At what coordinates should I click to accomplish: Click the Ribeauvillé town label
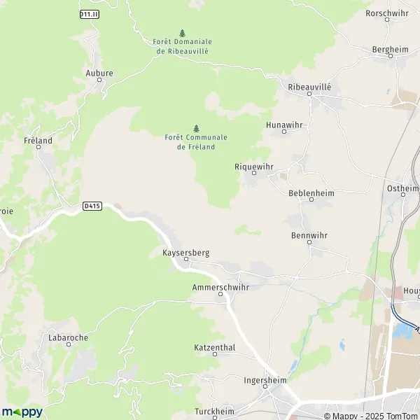309,86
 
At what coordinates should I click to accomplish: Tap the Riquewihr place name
253,167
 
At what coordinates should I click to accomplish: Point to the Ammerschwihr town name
220,287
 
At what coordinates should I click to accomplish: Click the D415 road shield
92,206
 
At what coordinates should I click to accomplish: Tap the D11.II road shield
89,15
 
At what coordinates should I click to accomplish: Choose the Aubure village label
99,72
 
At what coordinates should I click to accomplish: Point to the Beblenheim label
311,192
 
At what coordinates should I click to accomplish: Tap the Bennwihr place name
309,236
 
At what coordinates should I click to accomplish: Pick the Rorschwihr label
387,13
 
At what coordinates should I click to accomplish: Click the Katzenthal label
214,347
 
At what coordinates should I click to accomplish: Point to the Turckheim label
214,410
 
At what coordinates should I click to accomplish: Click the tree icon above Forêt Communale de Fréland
196,128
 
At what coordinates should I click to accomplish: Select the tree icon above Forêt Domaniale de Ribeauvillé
183,33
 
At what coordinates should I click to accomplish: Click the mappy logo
22,412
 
